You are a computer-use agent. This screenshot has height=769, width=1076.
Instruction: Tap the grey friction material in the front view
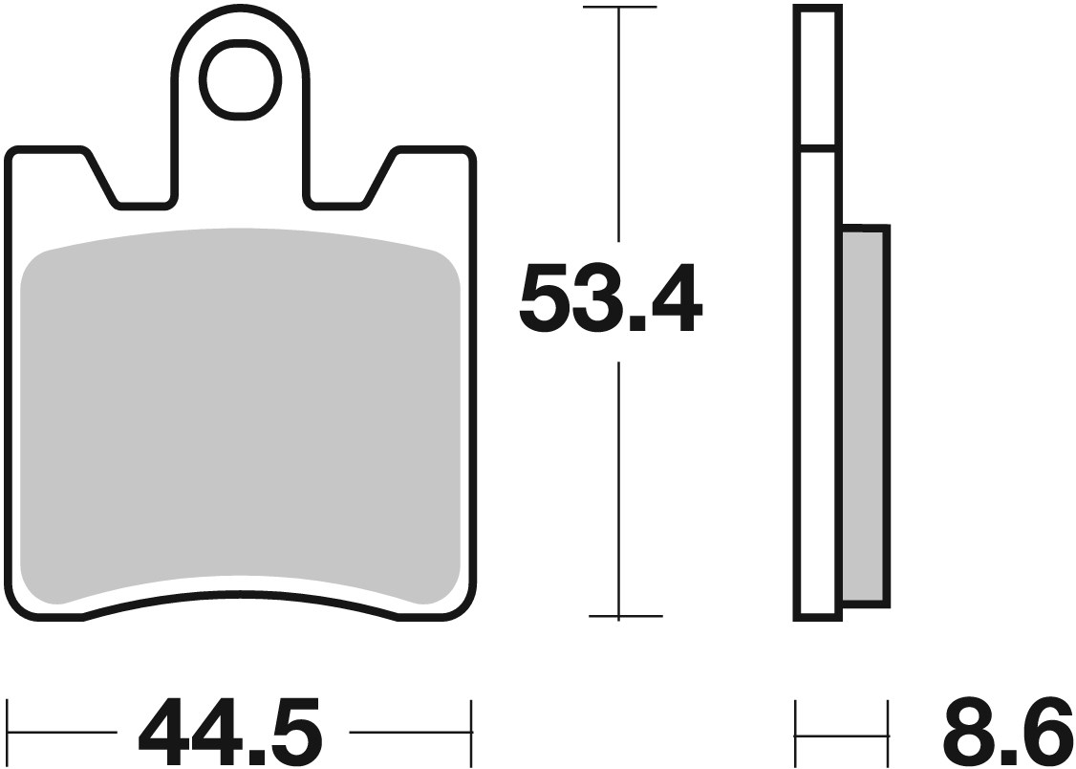(x=239, y=411)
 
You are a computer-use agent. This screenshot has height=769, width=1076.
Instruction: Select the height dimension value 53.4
(x=610, y=301)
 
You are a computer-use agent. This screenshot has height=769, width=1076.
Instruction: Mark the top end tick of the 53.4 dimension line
(x=619, y=8)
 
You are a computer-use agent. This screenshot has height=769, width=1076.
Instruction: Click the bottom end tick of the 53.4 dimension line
(x=619, y=617)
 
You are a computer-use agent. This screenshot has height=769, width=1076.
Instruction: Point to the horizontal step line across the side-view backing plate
(x=818, y=149)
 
